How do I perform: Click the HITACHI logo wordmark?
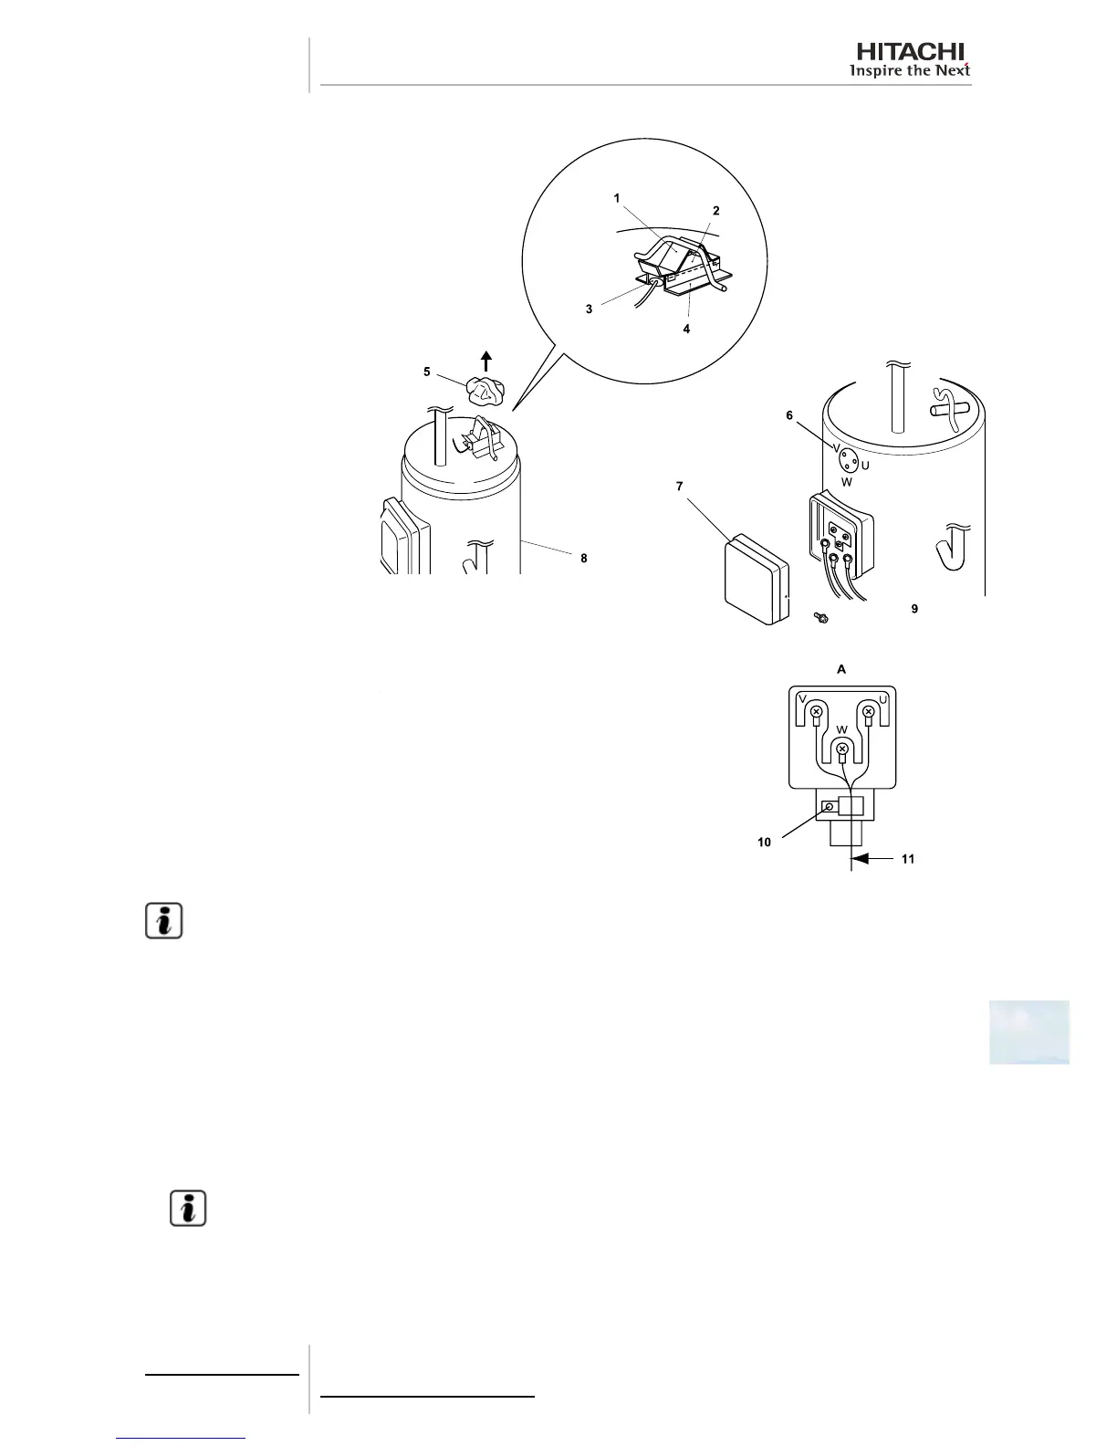pos(910,52)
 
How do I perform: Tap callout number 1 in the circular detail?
pos(617,198)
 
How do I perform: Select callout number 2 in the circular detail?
pos(716,211)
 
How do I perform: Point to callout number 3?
pos(590,309)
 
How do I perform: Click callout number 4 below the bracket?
pos(687,329)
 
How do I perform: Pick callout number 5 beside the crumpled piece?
pos(427,372)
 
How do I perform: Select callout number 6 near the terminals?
pos(789,415)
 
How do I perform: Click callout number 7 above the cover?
pos(679,487)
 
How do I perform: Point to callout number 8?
pos(584,558)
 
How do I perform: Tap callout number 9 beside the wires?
pos(914,608)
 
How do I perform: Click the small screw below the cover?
pos(820,619)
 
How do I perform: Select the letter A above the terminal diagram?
pos(841,669)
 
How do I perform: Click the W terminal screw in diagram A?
pos(843,749)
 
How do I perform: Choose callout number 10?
pos(764,842)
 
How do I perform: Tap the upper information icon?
pos(164,920)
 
